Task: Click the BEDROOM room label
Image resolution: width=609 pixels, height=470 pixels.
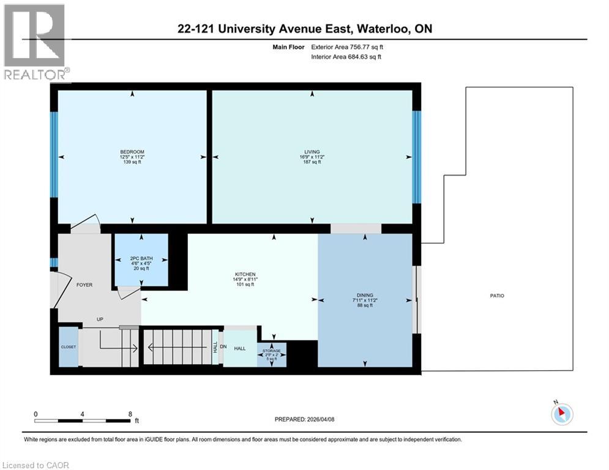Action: (x=132, y=152)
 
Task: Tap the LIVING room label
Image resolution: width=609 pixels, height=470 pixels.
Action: (x=312, y=152)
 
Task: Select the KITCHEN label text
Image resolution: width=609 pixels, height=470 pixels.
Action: (x=245, y=274)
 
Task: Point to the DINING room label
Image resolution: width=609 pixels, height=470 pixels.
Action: (x=365, y=295)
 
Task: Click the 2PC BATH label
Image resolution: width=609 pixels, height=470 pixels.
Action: (x=141, y=258)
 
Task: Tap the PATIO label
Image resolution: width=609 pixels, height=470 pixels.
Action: (x=496, y=296)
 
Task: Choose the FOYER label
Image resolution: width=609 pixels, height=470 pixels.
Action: (x=84, y=284)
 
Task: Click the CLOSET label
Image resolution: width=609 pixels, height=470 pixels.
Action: (x=69, y=347)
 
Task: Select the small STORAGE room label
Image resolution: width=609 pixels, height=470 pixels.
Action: (x=272, y=351)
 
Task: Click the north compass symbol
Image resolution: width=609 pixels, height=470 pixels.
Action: (x=561, y=414)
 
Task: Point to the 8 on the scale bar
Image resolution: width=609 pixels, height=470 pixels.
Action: (x=130, y=414)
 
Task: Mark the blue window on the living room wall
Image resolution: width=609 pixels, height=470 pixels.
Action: (x=416, y=157)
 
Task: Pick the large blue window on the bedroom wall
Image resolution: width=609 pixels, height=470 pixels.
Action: (x=54, y=154)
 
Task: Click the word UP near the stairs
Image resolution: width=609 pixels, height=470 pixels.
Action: (x=100, y=319)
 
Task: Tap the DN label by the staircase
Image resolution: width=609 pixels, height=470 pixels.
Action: (x=223, y=347)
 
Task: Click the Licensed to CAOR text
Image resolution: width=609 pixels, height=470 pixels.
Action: (x=35, y=465)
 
